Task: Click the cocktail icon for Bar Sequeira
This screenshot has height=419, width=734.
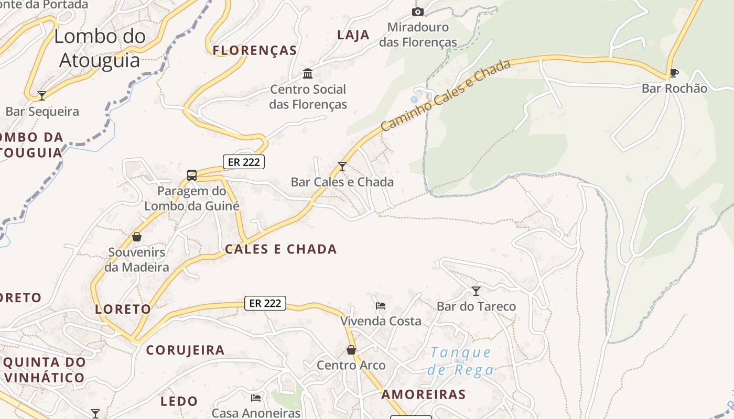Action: (42, 95)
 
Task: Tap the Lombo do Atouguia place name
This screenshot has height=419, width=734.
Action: (100, 48)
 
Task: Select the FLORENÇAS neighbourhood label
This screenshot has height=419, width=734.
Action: (255, 50)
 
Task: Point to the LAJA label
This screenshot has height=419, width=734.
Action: (353, 35)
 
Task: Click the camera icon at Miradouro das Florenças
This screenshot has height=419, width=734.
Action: (418, 12)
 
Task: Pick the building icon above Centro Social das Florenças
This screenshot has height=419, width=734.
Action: (308, 73)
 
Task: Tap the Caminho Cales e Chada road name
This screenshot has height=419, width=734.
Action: (445, 95)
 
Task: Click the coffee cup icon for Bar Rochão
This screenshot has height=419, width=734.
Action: (674, 73)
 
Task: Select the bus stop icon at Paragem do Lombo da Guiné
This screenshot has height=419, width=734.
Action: (192, 175)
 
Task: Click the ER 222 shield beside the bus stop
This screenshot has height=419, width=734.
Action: (244, 162)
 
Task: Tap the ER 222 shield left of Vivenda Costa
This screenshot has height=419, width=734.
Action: (265, 303)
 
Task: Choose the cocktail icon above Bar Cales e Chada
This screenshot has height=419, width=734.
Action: (342, 167)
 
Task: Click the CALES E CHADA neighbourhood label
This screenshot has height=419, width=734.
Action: (281, 249)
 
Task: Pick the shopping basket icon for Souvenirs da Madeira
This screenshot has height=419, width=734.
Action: (137, 237)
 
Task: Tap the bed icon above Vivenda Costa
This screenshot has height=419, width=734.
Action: (381, 305)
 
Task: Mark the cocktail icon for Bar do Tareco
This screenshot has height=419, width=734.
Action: (476, 291)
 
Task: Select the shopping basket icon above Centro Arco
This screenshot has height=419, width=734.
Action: (351, 350)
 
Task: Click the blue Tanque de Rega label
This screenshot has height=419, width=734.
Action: (461, 361)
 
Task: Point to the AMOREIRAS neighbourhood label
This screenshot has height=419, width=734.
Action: (424, 394)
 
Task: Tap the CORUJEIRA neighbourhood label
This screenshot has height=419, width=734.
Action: (185, 350)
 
